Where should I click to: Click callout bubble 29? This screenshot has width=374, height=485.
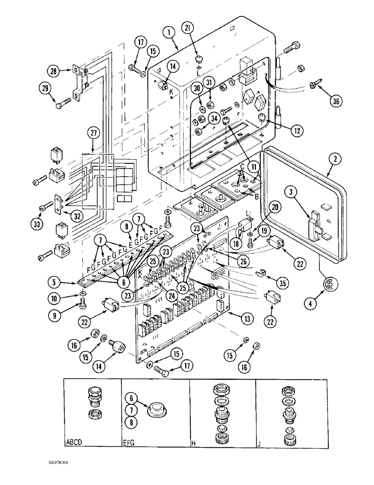[x=47, y=88]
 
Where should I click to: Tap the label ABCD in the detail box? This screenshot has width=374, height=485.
[x=74, y=442]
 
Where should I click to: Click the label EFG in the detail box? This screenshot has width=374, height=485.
[x=129, y=442]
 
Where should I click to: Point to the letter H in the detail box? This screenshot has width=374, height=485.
[x=192, y=442]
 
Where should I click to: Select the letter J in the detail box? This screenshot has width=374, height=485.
[x=259, y=442]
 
